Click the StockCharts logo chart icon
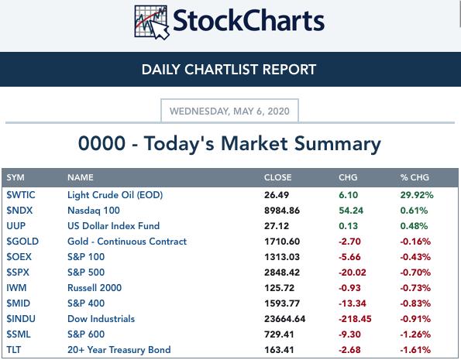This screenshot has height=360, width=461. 151,22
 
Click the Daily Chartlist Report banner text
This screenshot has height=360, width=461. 229,70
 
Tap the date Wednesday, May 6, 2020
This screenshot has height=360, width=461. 229,111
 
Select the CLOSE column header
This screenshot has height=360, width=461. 278,177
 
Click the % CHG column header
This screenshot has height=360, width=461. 415,177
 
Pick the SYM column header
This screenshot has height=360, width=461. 15,177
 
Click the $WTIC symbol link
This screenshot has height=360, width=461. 21,195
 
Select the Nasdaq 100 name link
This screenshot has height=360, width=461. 94,211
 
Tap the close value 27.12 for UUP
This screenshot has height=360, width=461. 277,226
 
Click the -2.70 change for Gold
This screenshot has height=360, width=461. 349,242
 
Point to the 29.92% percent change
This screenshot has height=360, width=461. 417,195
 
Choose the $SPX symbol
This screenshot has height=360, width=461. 18,273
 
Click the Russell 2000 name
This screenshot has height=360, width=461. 95,288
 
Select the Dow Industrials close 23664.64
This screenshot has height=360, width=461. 284,319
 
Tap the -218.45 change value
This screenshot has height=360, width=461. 355,319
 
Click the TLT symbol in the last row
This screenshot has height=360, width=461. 13,350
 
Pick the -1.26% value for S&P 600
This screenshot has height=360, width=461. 415,334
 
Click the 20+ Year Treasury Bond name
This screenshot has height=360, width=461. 119,350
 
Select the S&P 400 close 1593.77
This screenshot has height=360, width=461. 282,303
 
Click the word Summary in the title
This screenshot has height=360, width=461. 338,144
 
